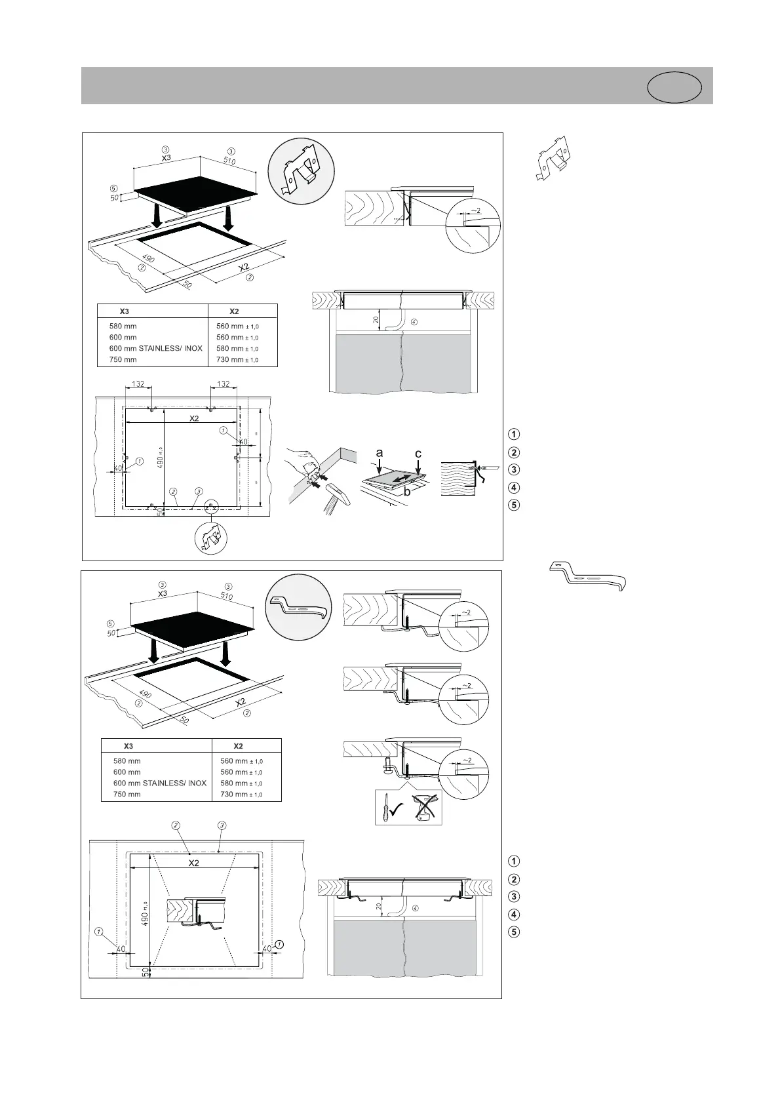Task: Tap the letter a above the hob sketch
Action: (x=379, y=453)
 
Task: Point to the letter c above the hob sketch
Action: (x=418, y=454)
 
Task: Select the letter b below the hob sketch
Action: (x=406, y=491)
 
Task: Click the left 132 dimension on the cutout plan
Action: (x=138, y=384)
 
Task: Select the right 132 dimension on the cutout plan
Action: (x=224, y=384)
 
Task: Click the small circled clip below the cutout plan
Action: (x=211, y=538)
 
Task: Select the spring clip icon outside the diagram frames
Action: (x=553, y=157)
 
